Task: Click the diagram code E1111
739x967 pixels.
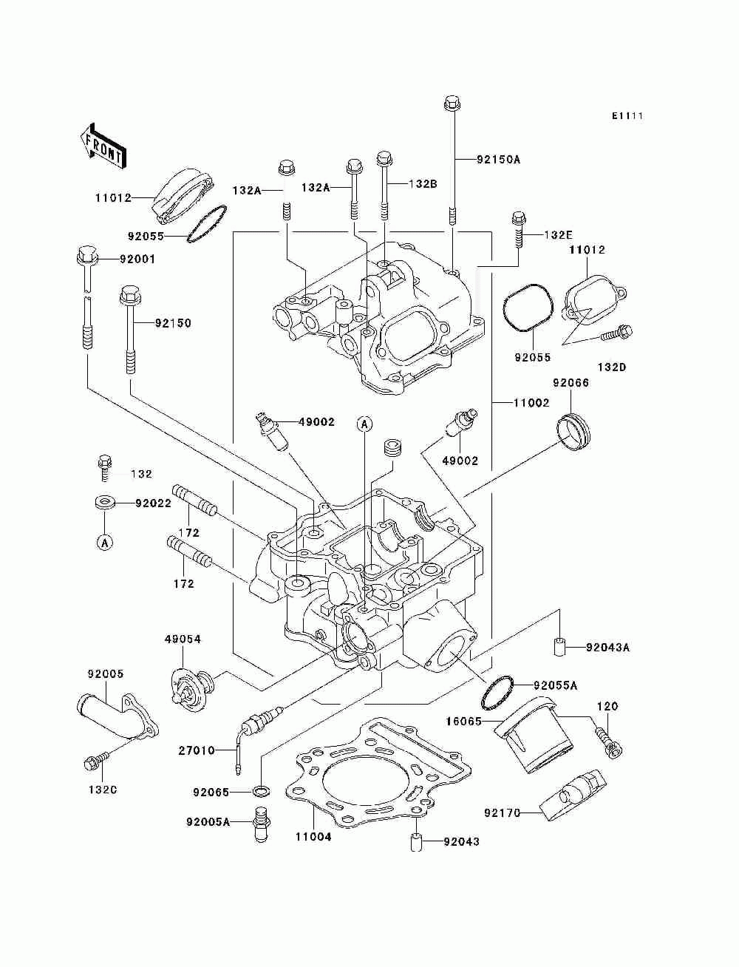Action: pos(627,116)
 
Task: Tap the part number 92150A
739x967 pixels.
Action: pos(498,160)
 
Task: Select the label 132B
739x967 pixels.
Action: pos(423,183)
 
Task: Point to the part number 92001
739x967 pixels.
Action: pos(137,259)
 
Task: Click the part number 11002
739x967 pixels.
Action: pos(531,403)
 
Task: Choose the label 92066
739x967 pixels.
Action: pos(571,383)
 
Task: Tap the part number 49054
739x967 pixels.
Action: pos(183,639)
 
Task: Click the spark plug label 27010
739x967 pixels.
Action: pos(197,750)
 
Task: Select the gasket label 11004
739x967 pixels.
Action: pos(313,837)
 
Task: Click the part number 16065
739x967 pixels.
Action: pos(463,722)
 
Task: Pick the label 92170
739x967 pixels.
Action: pos(503,812)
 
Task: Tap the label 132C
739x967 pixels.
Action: pos(103,790)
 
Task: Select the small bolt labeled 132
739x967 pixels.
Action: pos(105,469)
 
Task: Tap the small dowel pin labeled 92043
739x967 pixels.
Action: pos(416,842)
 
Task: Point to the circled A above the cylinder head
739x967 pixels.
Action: pos(364,424)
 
